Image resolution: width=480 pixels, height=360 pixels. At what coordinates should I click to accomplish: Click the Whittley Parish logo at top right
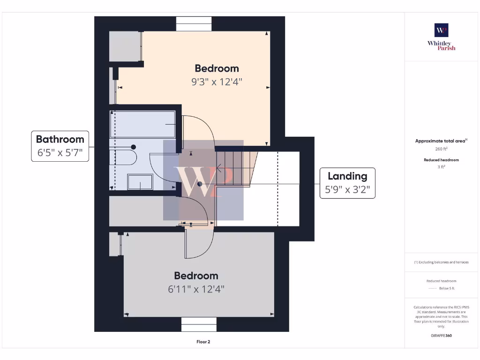click(x=441, y=37)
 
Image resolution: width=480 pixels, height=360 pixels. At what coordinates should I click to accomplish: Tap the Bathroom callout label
click(x=60, y=146)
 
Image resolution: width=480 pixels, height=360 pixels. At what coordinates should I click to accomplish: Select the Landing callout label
click(x=347, y=183)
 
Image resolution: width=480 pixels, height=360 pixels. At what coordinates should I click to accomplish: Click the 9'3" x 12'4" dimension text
click(x=217, y=82)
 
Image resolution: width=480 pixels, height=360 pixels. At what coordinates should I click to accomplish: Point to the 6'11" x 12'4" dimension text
click(x=196, y=289)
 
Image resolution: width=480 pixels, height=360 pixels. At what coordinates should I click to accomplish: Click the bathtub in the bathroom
click(x=142, y=124)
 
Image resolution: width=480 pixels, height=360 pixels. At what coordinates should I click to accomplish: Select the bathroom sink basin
click(x=140, y=182)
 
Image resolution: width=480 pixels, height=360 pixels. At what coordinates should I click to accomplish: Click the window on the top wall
click(x=194, y=24)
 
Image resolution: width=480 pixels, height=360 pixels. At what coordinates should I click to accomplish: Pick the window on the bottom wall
click(x=199, y=324)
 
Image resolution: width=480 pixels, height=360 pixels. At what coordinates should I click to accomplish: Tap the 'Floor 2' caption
click(x=203, y=342)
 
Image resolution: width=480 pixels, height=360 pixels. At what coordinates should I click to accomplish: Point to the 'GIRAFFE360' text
click(x=441, y=336)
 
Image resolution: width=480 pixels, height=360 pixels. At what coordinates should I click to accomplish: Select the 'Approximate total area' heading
click(x=441, y=141)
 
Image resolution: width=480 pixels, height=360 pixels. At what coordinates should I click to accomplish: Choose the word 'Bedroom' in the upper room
click(x=217, y=68)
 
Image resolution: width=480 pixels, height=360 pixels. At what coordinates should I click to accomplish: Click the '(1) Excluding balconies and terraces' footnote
click(x=441, y=262)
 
